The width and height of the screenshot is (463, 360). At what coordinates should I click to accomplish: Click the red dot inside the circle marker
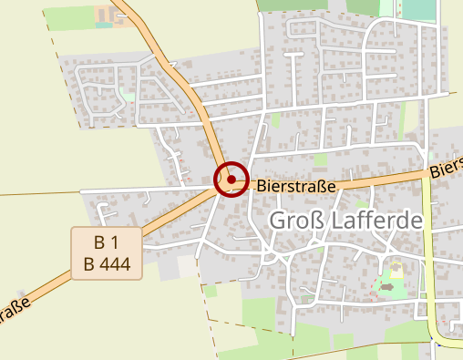coord(231,180)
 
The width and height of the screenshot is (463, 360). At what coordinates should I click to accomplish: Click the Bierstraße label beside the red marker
coord(297,185)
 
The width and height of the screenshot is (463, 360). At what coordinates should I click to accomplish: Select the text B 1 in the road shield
coord(107,243)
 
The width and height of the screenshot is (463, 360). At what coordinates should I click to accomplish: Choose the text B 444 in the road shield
coord(107,264)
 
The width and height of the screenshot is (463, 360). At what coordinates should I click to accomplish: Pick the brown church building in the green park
coord(389,287)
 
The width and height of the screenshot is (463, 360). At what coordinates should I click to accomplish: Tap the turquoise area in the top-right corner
coord(418,10)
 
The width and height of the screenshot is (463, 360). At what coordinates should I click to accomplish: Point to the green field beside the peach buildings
coord(67,17)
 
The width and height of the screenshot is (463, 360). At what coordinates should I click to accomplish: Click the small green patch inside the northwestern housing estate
coord(129,95)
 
